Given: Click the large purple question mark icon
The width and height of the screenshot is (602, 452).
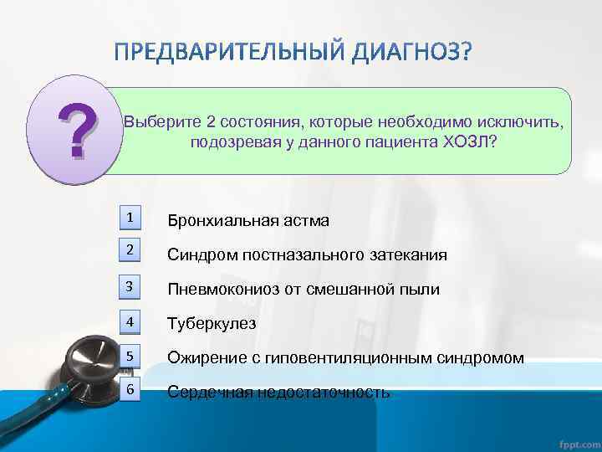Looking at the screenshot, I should [70, 129].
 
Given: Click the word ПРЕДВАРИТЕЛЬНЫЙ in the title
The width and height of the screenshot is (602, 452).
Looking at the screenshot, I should [225, 54].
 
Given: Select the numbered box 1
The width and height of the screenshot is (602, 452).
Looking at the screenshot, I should [130, 218].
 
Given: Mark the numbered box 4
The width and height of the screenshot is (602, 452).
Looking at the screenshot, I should [130, 321].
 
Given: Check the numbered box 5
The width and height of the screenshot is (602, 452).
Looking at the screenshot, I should [130, 356].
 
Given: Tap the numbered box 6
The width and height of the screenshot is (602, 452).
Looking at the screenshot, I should [130, 390].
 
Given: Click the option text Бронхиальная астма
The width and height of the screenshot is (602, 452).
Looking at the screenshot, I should [248, 221].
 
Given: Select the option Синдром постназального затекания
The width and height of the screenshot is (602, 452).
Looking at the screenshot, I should [307, 255].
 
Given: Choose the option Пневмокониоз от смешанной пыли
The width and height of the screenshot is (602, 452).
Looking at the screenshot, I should [304, 290].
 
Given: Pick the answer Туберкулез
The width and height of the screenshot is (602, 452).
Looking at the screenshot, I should [212, 324].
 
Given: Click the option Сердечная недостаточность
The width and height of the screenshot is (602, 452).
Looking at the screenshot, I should [278, 393].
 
